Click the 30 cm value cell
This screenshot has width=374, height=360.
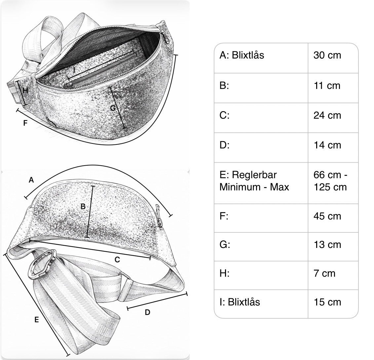tap(327, 55)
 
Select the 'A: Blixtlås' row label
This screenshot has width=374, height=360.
tap(242, 55)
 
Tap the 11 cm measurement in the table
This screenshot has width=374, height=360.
tap(326, 86)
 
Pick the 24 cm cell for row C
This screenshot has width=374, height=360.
tap(327, 115)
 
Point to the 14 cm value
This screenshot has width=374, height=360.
tap(327, 145)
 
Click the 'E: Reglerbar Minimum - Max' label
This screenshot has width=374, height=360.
tap(254, 181)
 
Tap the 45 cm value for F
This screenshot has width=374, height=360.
tap(327, 216)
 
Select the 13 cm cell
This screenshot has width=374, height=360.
tap(327, 245)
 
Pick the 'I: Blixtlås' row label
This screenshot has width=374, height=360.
tap(240, 302)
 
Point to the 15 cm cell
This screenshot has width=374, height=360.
tap(327, 302)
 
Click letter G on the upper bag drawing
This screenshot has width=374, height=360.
tap(113, 108)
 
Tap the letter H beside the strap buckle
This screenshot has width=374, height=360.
tap(25, 90)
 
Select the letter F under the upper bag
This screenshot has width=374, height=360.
tap(25, 123)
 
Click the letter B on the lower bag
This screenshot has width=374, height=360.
tap(83, 207)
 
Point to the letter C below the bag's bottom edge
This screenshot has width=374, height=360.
tap(117, 260)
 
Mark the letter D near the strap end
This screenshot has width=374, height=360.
tap(148, 312)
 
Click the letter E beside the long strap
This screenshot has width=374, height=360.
tap(37, 320)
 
